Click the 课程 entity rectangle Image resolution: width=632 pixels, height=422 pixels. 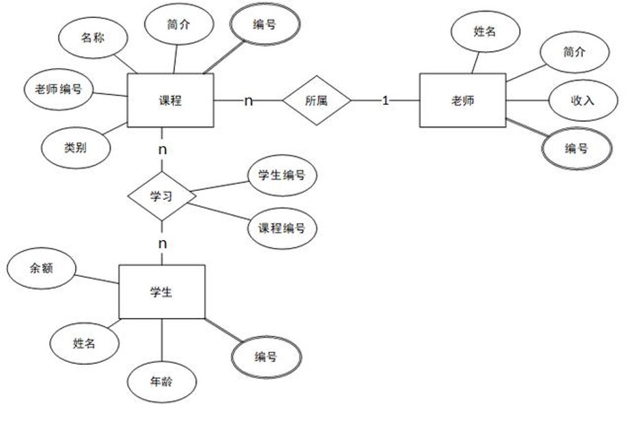click(170, 100)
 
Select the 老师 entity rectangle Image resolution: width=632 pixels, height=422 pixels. click(462, 100)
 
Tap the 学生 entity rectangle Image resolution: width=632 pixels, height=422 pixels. click(161, 292)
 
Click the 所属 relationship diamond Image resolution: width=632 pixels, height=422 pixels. click(317, 100)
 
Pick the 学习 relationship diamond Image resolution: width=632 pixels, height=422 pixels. click(162, 196)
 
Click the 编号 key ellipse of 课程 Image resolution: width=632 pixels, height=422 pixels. click(264, 25)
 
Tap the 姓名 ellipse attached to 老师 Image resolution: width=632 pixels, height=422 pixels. click(486, 31)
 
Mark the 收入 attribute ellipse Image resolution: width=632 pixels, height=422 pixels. click(582, 100)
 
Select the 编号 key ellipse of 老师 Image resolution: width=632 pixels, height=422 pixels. click(576, 148)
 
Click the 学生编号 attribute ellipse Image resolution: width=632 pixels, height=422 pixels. click(281, 175)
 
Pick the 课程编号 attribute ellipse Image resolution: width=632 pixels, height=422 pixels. click(281, 227)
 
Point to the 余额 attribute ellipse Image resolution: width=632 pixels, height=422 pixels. click(41, 269)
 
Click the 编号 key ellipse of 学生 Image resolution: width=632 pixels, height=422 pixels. click(266, 357)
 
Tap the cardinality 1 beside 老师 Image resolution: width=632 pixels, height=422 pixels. click(385, 100)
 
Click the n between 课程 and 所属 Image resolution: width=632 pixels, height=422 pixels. click(249, 101)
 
